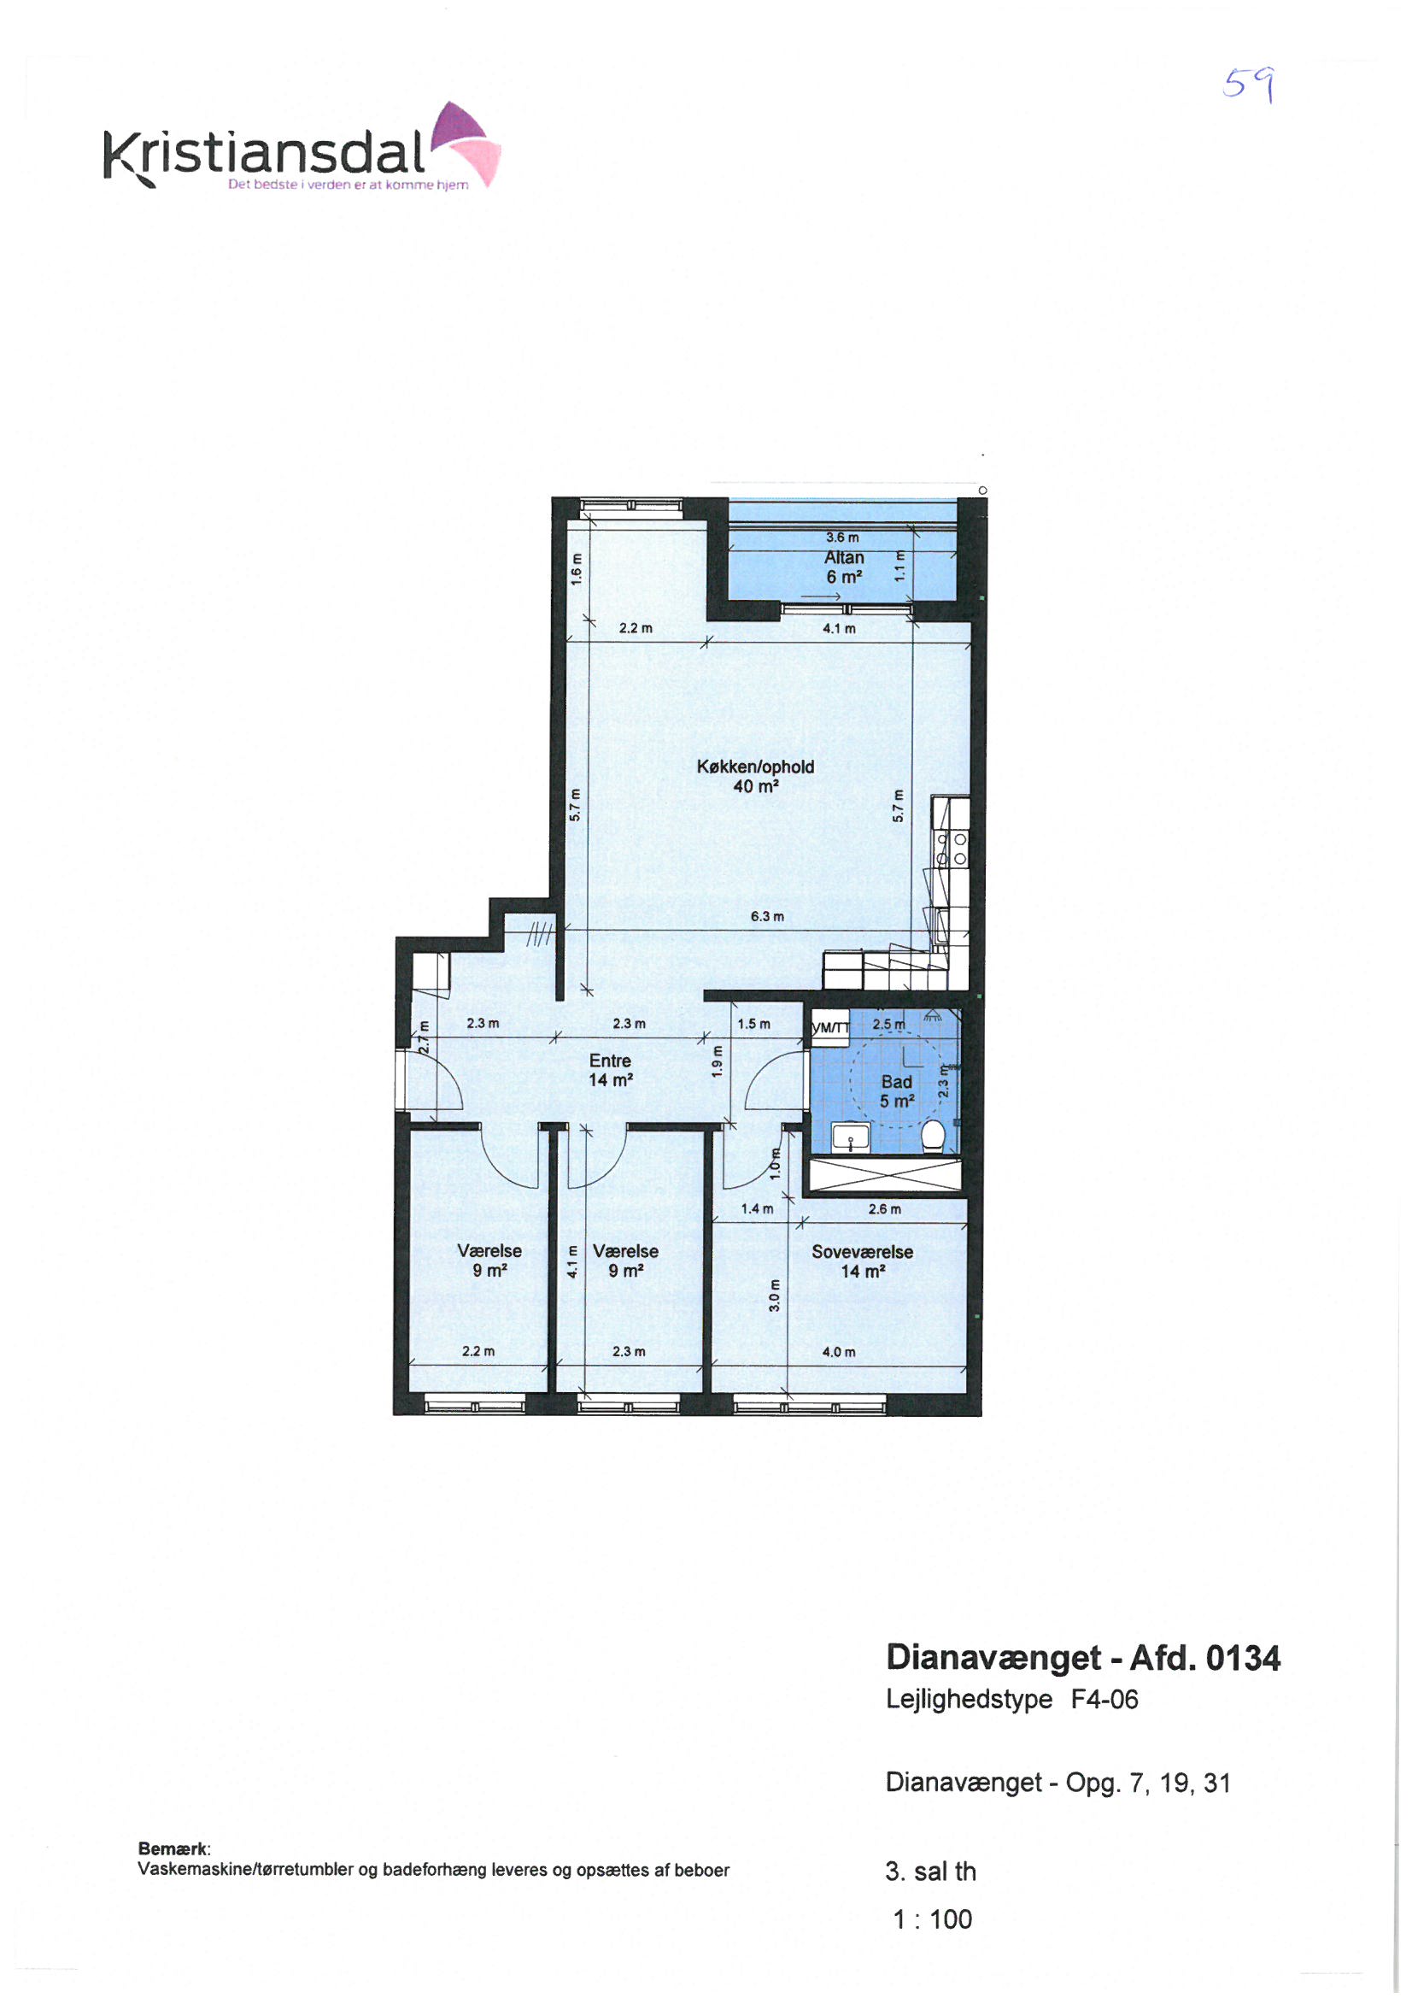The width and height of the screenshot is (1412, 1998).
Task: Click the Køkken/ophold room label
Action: coord(755,776)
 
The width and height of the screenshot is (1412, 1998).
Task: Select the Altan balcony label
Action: coord(844,567)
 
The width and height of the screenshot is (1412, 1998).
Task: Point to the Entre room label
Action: coord(610,1070)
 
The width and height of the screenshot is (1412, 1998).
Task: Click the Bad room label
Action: coord(896,1091)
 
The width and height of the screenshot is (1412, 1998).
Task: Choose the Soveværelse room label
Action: coord(862,1261)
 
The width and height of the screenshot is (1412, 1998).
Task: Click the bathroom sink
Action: coord(851,1137)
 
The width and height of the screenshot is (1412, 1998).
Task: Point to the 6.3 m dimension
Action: coord(767,916)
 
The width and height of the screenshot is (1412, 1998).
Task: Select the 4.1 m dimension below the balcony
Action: coord(839,628)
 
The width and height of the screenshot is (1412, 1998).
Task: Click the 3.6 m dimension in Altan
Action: coord(842,537)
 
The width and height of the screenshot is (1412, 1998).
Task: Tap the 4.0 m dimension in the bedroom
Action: coord(839,1351)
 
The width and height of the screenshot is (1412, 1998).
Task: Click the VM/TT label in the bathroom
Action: coord(830,1028)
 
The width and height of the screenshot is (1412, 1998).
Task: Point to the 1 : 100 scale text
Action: coord(933,1919)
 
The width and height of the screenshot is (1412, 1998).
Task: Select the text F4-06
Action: coord(1104,1700)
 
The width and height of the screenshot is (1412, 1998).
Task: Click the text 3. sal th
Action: coord(931,1871)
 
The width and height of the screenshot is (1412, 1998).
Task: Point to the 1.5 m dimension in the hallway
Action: coord(753,1024)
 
